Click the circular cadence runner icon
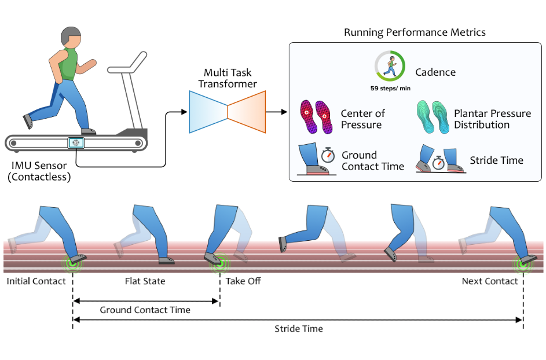390,67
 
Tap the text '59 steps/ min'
390,89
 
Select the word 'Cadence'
435,73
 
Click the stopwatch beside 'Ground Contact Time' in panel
328,155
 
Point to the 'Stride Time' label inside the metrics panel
496,160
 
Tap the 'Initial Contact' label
35,281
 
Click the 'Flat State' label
145,281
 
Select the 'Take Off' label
243,281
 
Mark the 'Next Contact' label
490,281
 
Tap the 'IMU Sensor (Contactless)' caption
39,172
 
